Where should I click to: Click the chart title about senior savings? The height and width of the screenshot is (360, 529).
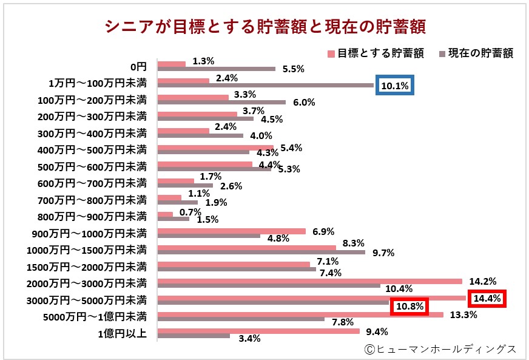(265, 27)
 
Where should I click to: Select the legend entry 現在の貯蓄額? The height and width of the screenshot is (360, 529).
(476, 53)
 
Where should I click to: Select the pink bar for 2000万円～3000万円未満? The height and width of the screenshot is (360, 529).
(309, 281)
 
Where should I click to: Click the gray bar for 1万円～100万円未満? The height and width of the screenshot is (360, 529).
(265, 86)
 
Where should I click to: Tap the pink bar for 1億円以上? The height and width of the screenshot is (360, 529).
(258, 331)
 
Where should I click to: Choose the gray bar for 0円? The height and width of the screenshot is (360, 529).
(216, 69)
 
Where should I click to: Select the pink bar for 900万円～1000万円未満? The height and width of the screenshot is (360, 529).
(231, 231)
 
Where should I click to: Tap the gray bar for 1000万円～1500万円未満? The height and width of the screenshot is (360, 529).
(261, 252)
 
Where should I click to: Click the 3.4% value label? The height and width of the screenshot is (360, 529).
(249, 339)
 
